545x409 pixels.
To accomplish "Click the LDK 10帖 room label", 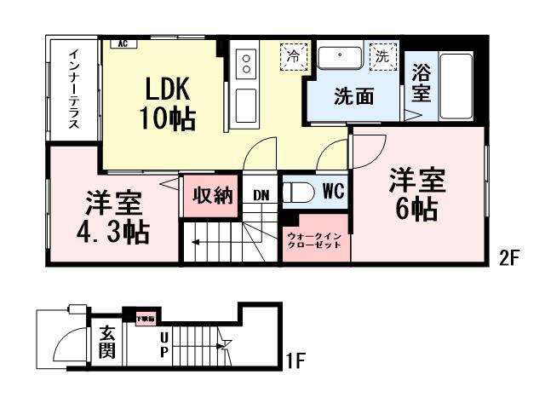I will (x=168, y=103).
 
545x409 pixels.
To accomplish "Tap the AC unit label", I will (x=123, y=43).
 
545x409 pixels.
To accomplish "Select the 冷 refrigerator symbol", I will (x=293, y=58).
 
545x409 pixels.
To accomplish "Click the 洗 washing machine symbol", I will (x=383, y=58).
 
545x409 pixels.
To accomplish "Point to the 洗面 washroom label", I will (x=353, y=96).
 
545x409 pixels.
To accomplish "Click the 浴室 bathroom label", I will (x=421, y=84).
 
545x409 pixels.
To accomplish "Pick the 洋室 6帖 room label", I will (x=415, y=195).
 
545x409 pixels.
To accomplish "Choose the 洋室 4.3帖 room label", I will (x=113, y=217).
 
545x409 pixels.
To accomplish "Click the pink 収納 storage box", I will (x=212, y=195).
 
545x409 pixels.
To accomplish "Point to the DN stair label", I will (x=261, y=195).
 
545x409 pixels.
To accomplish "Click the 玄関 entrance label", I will (x=106, y=343).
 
